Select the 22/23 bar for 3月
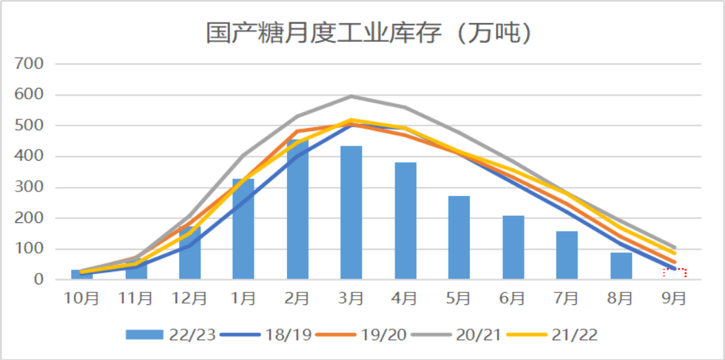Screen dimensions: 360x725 tap(351, 213)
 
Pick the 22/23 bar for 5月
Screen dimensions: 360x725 tap(459, 237)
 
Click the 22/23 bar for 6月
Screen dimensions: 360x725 tap(513, 248)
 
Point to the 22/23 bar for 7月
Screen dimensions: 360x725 tap(567, 256)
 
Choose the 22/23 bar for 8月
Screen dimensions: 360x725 tap(621, 266)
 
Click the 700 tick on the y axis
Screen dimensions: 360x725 tap(31, 64)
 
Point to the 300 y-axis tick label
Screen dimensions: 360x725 tap(31, 188)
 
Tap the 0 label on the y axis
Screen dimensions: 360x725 tap(39, 280)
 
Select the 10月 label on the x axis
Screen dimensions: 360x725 tap(81, 298)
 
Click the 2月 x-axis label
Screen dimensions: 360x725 tap(297, 298)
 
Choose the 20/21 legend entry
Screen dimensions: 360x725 tap(457, 334)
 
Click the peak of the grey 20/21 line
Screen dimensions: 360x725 tap(351, 96)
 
